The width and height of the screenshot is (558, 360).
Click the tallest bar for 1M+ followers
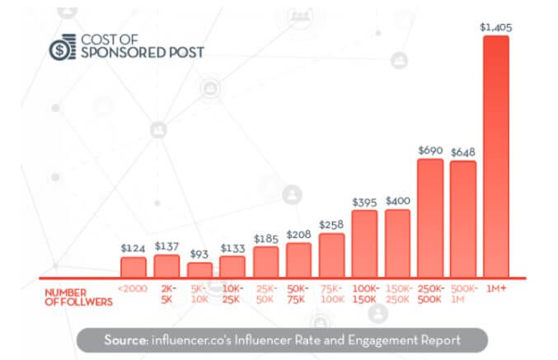point(495,157)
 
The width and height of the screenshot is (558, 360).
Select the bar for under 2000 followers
point(133,267)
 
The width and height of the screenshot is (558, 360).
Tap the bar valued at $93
point(199,269)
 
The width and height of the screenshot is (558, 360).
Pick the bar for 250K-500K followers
point(430,217)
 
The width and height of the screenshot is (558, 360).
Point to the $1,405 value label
point(495,27)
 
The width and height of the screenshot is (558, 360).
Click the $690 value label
point(430,150)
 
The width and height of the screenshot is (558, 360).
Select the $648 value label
point(463,152)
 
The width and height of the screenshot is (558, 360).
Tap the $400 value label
point(396,201)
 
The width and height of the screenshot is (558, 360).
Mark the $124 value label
point(133,248)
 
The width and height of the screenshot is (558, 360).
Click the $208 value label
point(298,235)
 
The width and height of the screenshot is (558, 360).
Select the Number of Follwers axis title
point(78,297)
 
